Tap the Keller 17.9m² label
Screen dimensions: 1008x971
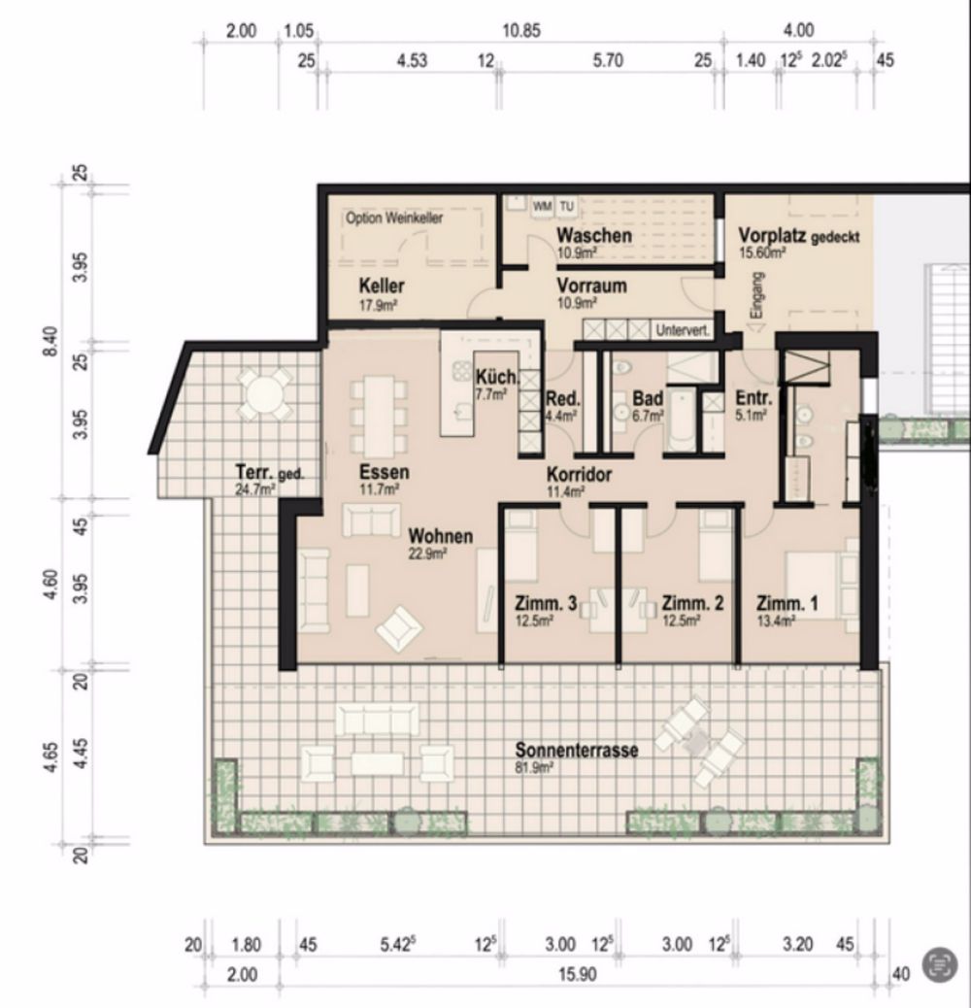[x=382, y=291]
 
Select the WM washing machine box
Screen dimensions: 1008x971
[x=542, y=206]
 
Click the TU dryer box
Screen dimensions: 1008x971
[x=566, y=206]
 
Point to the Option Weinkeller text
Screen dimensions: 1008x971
[x=394, y=218]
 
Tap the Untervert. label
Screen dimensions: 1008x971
[x=684, y=331]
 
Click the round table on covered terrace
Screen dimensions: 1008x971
[x=263, y=393]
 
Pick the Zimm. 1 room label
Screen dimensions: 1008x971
[x=787, y=605]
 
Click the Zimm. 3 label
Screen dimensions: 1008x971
[x=546, y=605]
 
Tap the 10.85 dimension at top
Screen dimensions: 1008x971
[x=520, y=31]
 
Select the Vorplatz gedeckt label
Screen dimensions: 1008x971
[x=798, y=238]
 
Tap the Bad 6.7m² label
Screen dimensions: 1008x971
[x=648, y=403]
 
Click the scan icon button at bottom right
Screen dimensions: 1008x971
[x=938, y=964]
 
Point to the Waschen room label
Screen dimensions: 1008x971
[x=594, y=238]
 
